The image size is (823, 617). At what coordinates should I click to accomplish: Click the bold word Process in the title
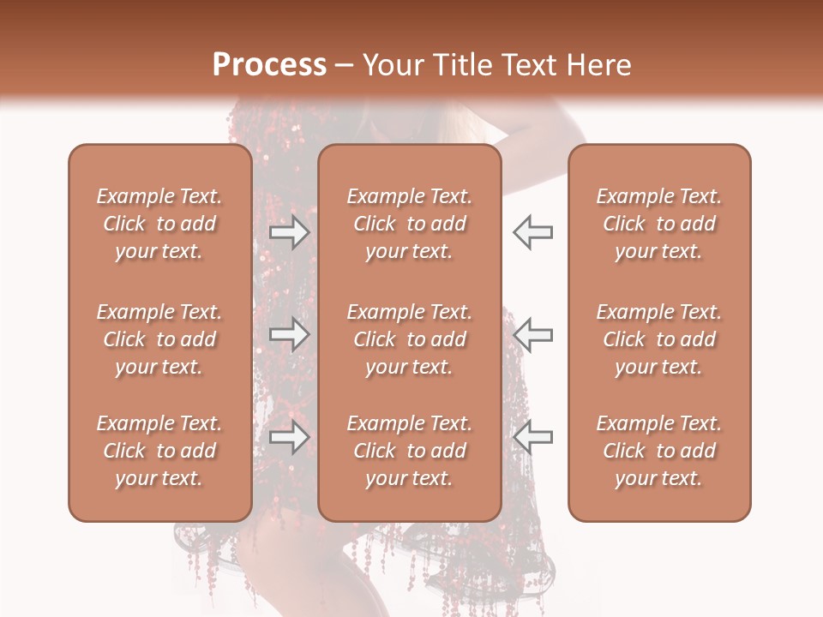269,65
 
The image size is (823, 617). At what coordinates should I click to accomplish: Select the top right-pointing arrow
290,232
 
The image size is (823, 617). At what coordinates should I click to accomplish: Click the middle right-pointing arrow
290,334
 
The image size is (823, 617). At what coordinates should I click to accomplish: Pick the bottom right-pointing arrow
290,437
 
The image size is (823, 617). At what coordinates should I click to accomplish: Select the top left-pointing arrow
532,232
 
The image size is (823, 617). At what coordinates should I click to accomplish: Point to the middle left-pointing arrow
532,334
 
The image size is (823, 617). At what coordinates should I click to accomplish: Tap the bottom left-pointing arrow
532,437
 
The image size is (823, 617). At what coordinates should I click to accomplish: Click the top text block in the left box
159,224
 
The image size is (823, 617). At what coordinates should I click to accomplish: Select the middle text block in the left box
159,339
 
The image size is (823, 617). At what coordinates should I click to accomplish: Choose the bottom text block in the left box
159,451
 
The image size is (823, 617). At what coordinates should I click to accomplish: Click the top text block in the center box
409,224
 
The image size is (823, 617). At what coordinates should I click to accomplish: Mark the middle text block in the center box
409,339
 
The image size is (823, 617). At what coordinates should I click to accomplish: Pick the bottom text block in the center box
409,451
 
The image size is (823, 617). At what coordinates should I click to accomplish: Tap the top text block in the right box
658,224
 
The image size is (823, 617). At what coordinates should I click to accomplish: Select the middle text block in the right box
658,339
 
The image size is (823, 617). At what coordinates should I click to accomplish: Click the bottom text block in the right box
658,451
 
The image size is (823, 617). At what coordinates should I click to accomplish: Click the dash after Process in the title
344,66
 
